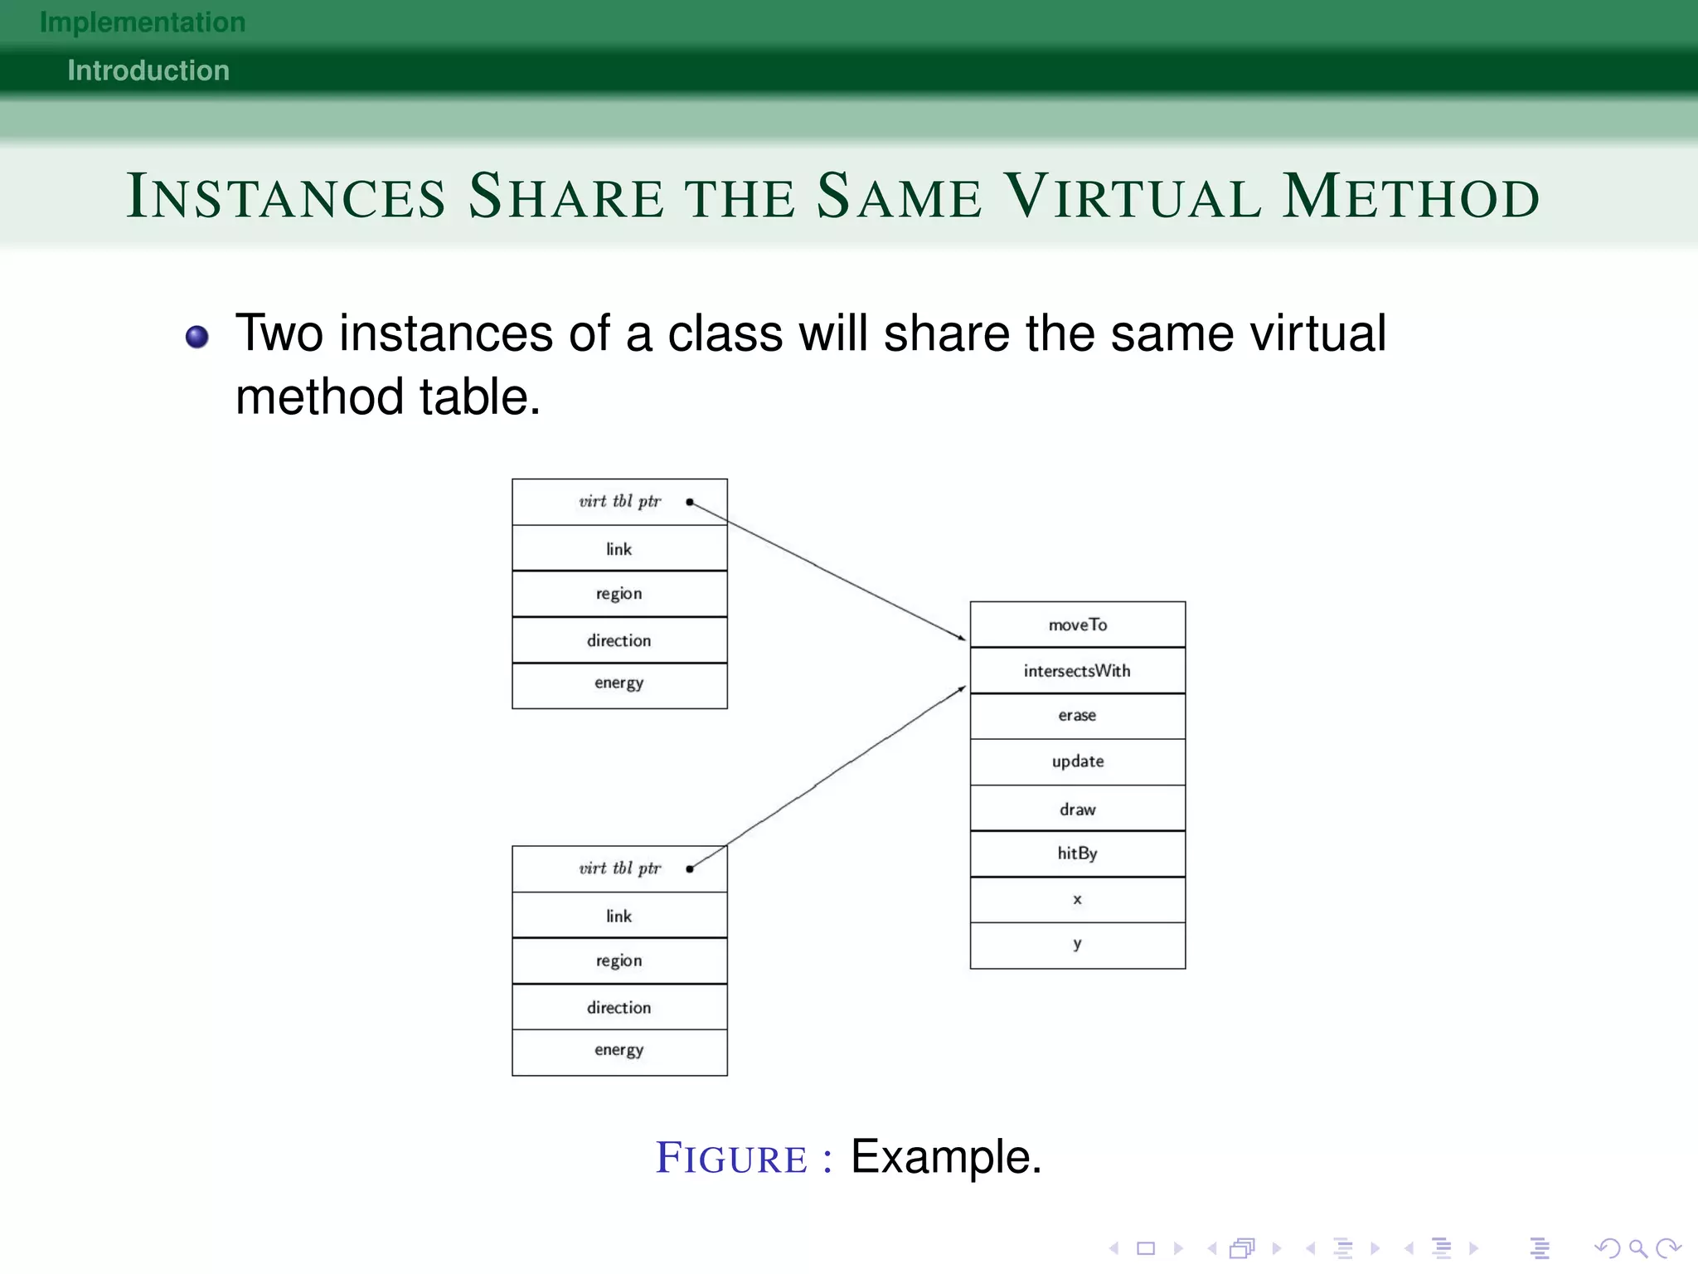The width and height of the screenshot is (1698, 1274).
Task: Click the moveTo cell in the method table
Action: pos(1077,625)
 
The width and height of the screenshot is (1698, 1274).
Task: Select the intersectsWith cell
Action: pos(1077,670)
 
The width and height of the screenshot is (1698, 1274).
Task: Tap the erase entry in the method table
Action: pos(1077,716)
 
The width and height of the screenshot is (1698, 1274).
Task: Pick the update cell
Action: pos(1077,761)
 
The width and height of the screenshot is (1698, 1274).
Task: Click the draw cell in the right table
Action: pos(1077,809)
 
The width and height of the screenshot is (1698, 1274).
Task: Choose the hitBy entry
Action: pos(1077,853)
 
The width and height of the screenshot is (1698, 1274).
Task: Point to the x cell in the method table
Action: pos(1077,900)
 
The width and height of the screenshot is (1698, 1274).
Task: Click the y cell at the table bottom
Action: pos(1077,945)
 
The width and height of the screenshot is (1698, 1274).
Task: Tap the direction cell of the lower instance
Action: pos(619,1007)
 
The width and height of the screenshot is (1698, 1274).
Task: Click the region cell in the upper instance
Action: pos(619,594)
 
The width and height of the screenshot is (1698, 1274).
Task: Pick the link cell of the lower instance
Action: pos(619,916)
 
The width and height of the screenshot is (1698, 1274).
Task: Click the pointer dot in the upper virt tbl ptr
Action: pos(690,502)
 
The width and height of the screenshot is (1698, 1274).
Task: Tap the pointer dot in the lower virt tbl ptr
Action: pos(690,868)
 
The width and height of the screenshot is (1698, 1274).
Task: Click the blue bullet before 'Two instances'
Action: pos(197,337)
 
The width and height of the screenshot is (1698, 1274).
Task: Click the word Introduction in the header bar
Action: pos(148,71)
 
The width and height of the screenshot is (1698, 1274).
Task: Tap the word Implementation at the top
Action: pos(143,22)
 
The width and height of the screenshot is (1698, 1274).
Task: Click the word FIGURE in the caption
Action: pos(731,1158)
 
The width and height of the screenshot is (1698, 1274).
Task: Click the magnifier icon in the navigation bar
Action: pos(1637,1248)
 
